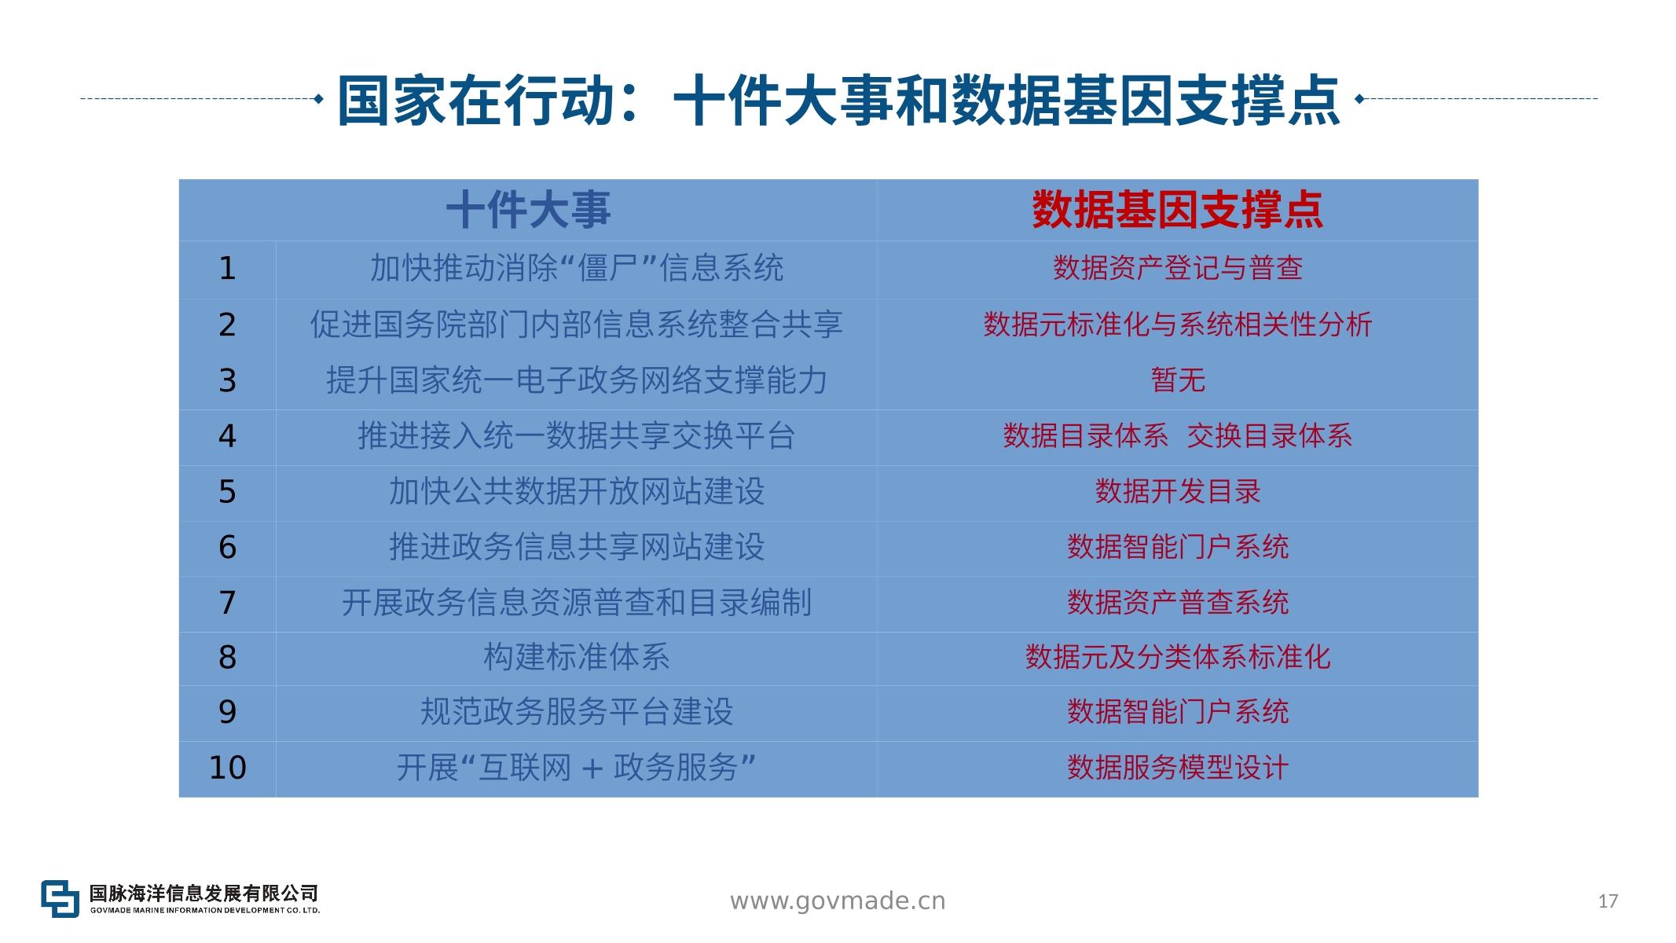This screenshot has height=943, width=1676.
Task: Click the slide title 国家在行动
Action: click(475, 101)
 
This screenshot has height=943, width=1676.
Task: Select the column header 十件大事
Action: click(528, 210)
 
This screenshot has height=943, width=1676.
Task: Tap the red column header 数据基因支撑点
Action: click(1177, 210)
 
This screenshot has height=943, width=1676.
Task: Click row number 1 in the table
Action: click(227, 269)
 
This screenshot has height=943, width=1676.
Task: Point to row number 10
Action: click(227, 768)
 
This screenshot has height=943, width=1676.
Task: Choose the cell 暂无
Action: click(1177, 380)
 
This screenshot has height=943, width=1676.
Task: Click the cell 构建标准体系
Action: click(576, 657)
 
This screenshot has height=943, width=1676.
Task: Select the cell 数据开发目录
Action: click(1177, 491)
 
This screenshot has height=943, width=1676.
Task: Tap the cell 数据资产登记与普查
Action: click(1177, 269)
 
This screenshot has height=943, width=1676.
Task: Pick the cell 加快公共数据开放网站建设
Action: click(576, 491)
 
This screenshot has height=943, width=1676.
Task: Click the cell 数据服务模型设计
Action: click(1177, 768)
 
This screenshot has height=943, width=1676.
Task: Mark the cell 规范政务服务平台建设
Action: click(576, 712)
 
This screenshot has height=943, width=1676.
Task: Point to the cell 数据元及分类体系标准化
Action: click(1177, 657)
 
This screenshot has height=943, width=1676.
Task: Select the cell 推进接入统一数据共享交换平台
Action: click(576, 435)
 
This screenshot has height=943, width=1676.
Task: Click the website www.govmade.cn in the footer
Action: click(838, 901)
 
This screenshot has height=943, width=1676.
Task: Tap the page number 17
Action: click(1608, 901)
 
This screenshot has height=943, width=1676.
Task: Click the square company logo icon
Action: click(61, 898)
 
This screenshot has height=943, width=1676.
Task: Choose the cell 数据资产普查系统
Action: click(1177, 603)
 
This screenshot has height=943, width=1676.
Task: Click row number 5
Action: click(227, 492)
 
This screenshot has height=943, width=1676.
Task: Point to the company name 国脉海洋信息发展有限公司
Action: click(204, 893)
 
